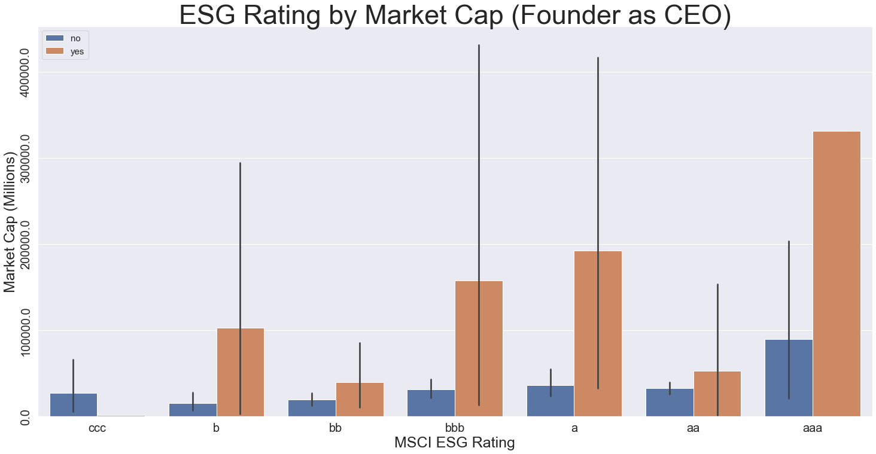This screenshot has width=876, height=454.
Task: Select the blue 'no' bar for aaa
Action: tap(789, 377)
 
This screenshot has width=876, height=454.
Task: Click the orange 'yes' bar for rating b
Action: tap(240, 371)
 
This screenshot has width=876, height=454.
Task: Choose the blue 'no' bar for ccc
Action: tap(73, 404)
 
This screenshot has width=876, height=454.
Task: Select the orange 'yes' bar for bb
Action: tap(360, 399)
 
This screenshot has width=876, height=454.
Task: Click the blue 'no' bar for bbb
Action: tap(431, 403)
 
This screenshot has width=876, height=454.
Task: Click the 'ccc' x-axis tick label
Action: tap(97, 428)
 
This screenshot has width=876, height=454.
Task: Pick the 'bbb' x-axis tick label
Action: tap(455, 428)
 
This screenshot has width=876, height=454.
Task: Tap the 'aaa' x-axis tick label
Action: tap(813, 428)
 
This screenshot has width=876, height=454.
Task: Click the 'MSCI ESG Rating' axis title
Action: tap(455, 443)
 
